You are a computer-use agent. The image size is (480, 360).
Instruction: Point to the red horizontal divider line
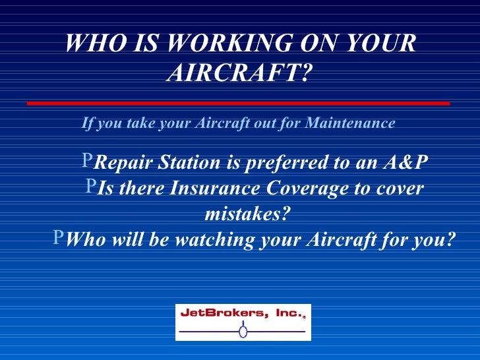tap(238, 104)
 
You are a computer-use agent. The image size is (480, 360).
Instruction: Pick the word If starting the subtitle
tap(86, 123)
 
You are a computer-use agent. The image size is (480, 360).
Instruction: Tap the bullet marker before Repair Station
tap(88, 162)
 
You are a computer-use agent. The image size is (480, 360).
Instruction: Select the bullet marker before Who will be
tap(59, 239)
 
